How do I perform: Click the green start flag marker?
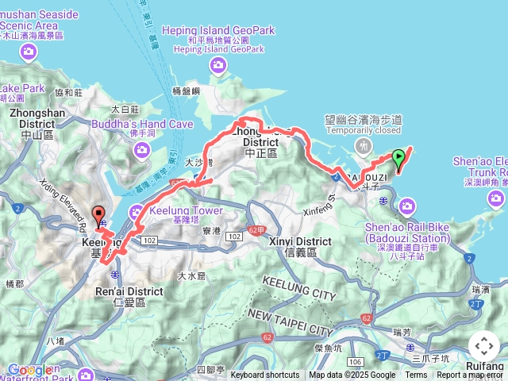point(398,156)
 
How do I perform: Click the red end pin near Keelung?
point(99,215)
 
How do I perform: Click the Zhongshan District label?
point(32,119)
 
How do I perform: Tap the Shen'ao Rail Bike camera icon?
point(407,207)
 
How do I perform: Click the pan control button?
point(483,346)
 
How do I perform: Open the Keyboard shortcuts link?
point(265,375)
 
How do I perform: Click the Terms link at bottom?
point(416,375)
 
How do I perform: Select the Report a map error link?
point(470,375)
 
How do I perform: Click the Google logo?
point(30,370)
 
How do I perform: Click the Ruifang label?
point(484,365)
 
